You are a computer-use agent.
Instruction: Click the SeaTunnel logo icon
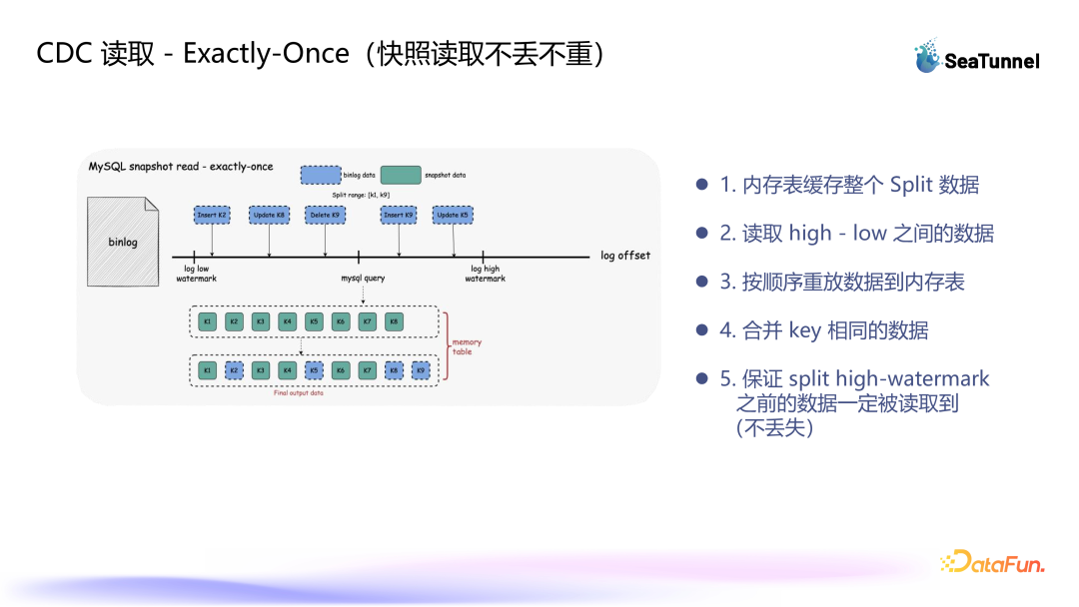(928, 57)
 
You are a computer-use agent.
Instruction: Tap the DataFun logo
(992, 563)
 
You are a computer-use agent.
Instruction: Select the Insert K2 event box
(212, 215)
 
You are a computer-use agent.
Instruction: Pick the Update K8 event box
(269, 215)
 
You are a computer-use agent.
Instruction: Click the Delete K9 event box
(325, 215)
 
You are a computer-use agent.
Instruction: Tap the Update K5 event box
(453, 215)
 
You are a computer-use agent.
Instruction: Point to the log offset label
(625, 256)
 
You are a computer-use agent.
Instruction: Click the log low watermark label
(197, 274)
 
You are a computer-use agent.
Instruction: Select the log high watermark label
(485, 274)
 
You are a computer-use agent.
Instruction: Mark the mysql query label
(363, 279)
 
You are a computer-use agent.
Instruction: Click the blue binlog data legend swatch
(321, 175)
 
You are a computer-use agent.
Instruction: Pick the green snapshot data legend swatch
(400, 175)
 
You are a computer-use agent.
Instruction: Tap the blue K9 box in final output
(421, 370)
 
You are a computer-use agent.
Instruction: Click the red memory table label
(467, 346)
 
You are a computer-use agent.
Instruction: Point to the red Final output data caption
(298, 393)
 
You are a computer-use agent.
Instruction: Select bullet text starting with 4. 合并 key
(824, 330)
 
